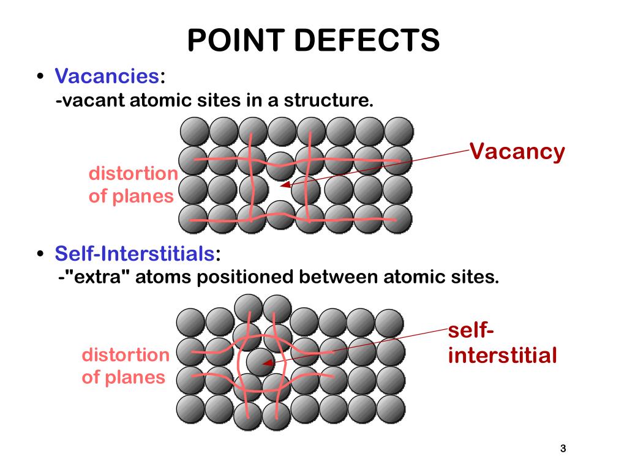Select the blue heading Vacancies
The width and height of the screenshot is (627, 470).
point(107,76)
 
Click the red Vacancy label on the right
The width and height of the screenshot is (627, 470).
point(517,151)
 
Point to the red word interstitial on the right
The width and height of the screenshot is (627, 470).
point(502,355)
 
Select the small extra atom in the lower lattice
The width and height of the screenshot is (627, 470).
point(260,361)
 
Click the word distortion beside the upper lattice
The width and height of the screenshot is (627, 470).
point(133,174)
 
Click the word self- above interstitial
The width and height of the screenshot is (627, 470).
point(471,331)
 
